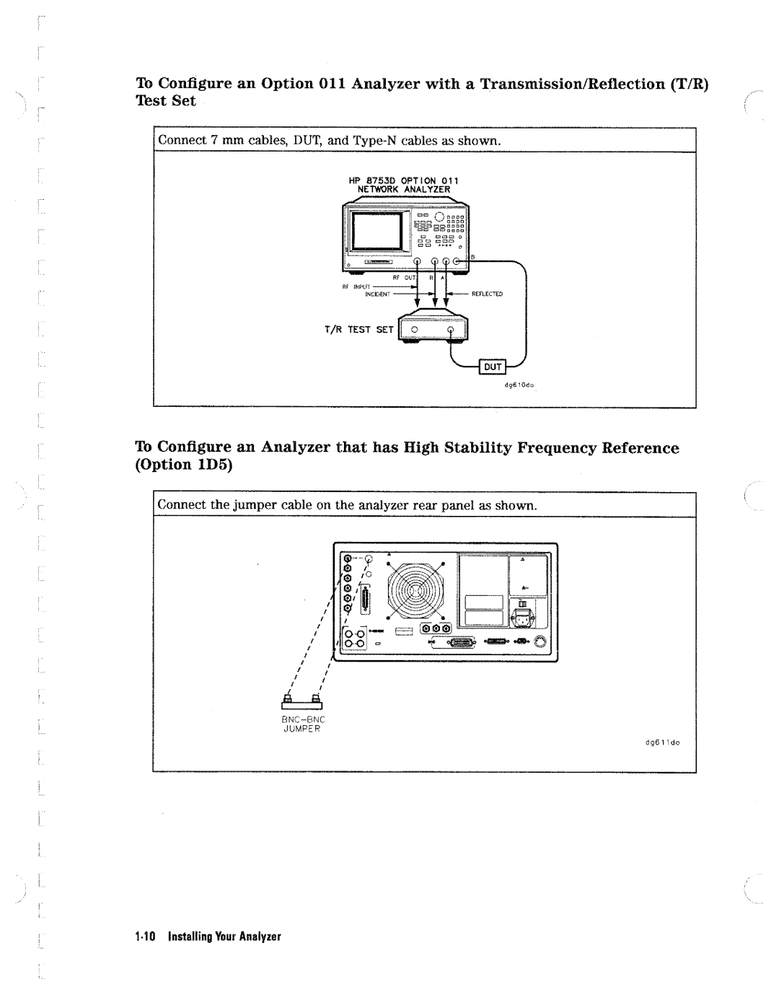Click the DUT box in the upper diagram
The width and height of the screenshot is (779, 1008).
(x=496, y=367)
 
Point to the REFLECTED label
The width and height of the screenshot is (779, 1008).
(x=487, y=295)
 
